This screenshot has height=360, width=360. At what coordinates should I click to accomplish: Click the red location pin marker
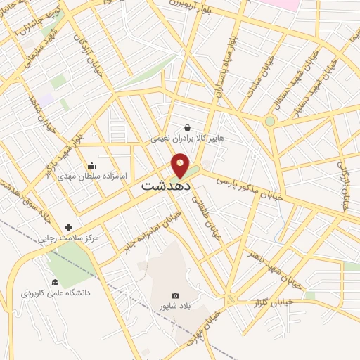[181, 166]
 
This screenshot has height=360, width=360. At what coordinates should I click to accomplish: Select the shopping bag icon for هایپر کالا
[187, 127]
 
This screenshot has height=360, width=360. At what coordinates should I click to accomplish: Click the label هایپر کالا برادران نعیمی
[187, 139]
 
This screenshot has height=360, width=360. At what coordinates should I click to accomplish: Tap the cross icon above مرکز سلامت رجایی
[68, 226]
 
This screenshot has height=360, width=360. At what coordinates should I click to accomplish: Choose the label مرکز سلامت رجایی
[68, 238]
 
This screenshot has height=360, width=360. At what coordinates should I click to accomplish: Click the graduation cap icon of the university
[55, 281]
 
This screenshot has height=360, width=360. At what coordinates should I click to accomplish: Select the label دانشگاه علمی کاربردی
[55, 292]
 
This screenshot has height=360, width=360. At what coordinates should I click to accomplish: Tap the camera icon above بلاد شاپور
[175, 295]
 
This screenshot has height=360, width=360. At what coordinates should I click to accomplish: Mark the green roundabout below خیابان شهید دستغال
[270, 121]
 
